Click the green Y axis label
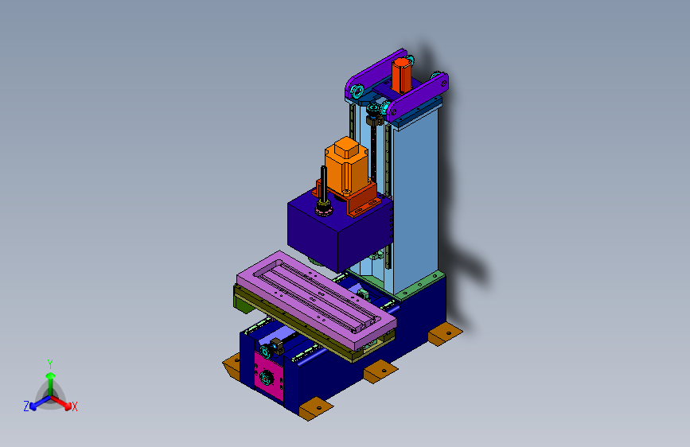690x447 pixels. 50,363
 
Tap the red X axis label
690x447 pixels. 74,406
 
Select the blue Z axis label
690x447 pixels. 26,406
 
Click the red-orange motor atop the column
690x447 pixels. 401,75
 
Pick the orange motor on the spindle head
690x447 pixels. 346,165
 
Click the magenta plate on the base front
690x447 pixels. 269,376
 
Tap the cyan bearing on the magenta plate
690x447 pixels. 267,377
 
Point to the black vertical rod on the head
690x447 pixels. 324,184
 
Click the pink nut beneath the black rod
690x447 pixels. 324,211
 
